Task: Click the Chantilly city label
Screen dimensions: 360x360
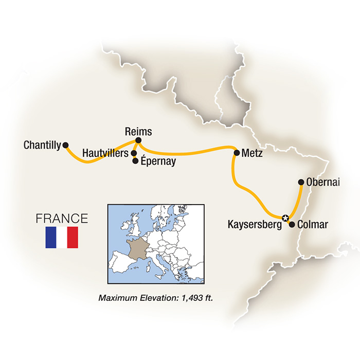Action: click(42, 146)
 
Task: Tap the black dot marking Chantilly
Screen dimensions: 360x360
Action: click(65, 146)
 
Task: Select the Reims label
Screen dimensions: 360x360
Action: click(138, 132)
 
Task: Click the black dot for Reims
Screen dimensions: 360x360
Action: click(138, 141)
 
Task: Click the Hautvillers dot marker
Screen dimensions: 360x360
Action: click(134, 153)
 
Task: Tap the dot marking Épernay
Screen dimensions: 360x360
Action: click(135, 161)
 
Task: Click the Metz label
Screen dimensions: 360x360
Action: click(252, 153)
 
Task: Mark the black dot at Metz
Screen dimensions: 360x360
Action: click(237, 153)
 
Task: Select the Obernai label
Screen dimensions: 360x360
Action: click(322, 182)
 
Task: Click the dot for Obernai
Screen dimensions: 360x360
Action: click(301, 182)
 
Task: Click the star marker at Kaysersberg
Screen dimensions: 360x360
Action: click(285, 218)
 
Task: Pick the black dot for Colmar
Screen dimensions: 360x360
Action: click(292, 224)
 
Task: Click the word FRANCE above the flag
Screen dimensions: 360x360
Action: click(62, 218)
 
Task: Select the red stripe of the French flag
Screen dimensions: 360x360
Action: click(73, 237)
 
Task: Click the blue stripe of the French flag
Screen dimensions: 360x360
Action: click(51, 237)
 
